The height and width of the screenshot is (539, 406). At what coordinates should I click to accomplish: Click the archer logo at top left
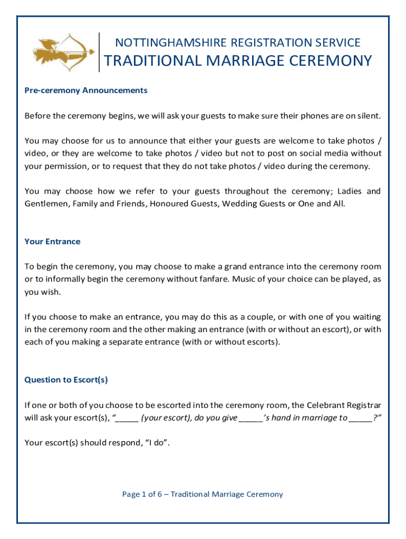tap(61, 51)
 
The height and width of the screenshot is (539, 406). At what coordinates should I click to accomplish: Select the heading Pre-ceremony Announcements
tap(86, 91)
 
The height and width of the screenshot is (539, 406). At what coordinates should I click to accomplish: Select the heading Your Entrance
tap(52, 242)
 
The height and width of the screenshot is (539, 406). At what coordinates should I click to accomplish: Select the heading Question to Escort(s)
tap(66, 380)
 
